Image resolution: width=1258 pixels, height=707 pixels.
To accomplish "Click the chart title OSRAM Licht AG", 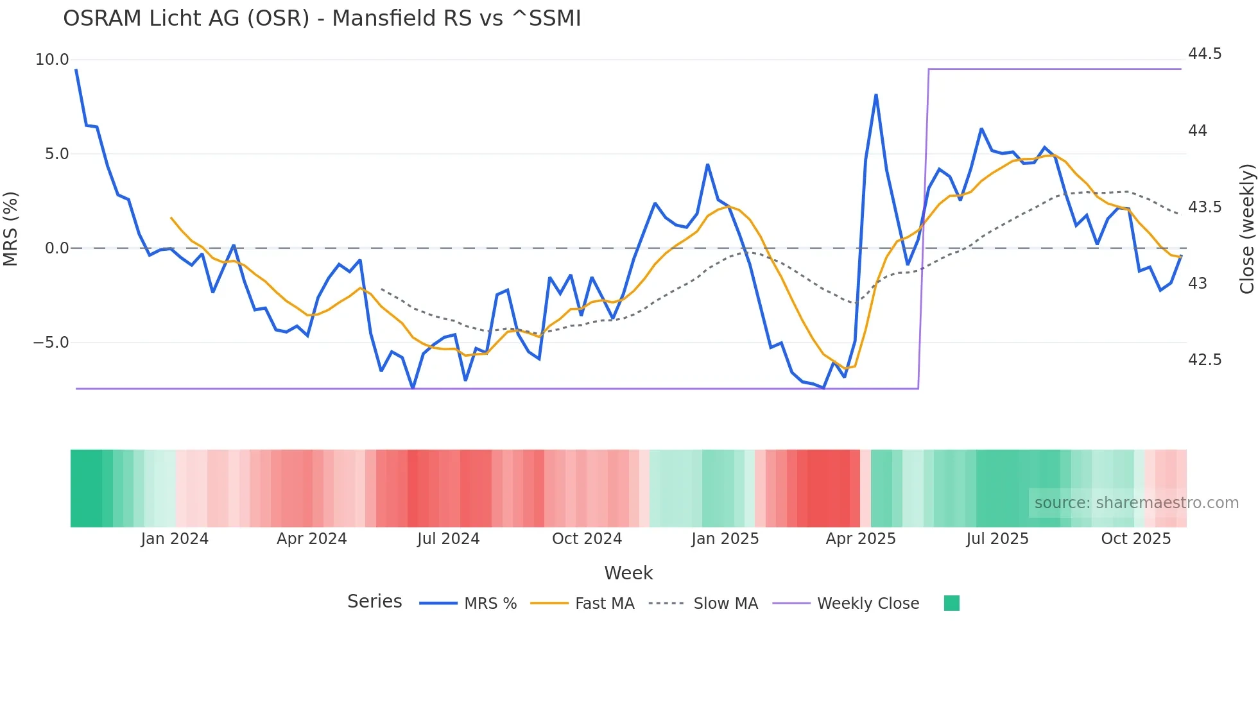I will coord(322,19).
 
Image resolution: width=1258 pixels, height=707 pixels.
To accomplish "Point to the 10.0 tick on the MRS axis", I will coord(52,60).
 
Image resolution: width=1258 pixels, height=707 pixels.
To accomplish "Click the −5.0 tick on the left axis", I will coord(51,343).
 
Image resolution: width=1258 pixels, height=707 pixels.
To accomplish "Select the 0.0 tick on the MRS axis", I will coord(56,248).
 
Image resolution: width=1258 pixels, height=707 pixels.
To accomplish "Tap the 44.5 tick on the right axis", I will coord(1205,54).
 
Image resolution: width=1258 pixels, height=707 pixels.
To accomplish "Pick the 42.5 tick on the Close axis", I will coord(1205,360).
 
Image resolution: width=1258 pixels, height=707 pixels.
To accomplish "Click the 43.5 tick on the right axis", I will coord(1205,207).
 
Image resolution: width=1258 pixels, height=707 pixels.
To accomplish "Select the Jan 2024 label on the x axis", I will coord(175,539).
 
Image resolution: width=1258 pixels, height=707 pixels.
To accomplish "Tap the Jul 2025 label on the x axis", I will coord(997,539).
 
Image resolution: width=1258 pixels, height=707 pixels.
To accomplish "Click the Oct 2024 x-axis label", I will coord(587,539).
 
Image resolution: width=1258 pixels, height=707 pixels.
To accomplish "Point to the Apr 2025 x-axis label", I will coord(861,539).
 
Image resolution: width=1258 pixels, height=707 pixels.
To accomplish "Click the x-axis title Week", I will coord(628,573).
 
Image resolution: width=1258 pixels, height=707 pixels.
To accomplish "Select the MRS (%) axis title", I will coord(11,228).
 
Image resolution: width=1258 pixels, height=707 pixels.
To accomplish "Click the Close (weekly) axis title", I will coord(1246,228).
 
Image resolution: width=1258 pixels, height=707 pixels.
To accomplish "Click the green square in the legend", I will coord(952,603).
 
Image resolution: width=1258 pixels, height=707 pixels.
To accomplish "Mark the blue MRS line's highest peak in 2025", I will coord(876,96).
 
